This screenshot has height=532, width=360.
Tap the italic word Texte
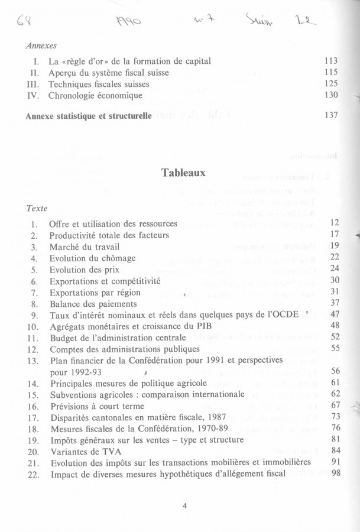pyautogui.click(x=37, y=208)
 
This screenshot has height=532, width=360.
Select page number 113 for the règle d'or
pyautogui.click(x=331, y=61)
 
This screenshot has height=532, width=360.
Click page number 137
pyautogui.click(x=331, y=115)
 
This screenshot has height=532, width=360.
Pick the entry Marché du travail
pyautogui.click(x=83, y=246)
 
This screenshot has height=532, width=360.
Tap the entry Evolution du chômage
pyautogui.click(x=92, y=258)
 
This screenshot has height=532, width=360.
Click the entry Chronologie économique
pyautogui.click(x=95, y=95)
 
